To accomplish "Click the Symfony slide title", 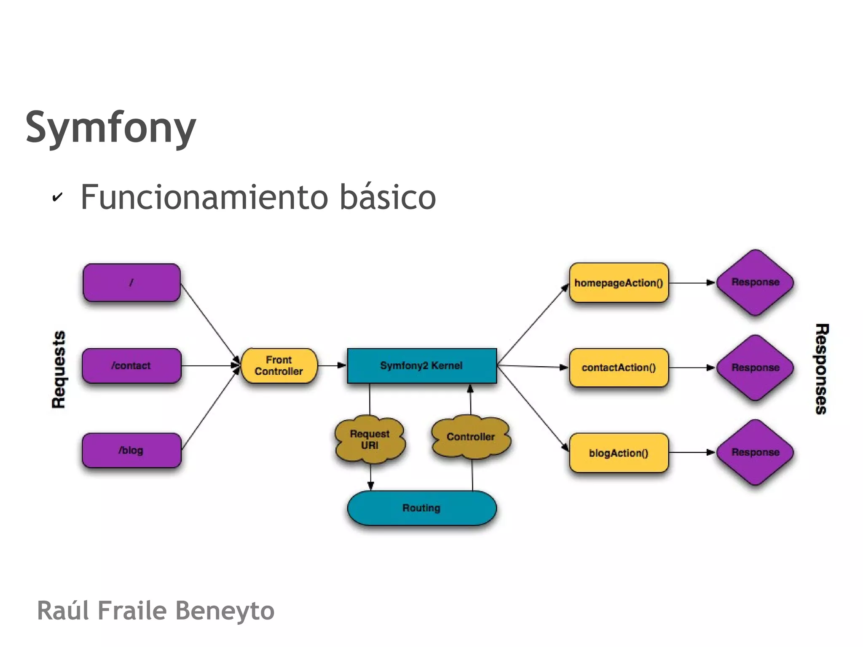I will pyautogui.click(x=111, y=127).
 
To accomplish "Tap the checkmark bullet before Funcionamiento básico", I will pyautogui.click(x=57, y=197).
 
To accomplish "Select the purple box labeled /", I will pyautogui.click(x=131, y=282).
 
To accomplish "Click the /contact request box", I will pyautogui.click(x=131, y=366).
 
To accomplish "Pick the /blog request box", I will pyautogui.click(x=131, y=451).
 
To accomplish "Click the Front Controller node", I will pyautogui.click(x=279, y=366).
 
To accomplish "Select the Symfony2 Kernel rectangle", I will pyautogui.click(x=422, y=366).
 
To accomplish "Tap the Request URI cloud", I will pyautogui.click(x=370, y=440).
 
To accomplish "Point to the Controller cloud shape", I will pyautogui.click(x=471, y=437).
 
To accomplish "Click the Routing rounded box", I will pyautogui.click(x=422, y=508).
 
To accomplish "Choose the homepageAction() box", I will pyautogui.click(x=619, y=283).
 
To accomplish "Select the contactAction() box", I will pyautogui.click(x=619, y=368).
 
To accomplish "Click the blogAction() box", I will pyautogui.click(x=619, y=453).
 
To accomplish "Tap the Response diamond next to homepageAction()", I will pyautogui.click(x=756, y=282).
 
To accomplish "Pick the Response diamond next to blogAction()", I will pyautogui.click(x=756, y=452).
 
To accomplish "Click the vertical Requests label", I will pyautogui.click(x=59, y=370).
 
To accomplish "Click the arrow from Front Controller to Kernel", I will pyautogui.click(x=332, y=365).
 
